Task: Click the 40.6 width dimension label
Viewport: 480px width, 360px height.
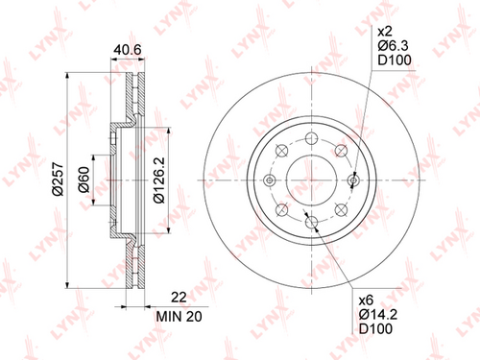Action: [x=128, y=50]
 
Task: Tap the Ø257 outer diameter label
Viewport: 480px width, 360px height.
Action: [x=58, y=180]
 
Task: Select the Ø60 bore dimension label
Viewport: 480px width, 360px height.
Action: [x=84, y=180]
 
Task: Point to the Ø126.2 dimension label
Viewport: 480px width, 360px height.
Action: [x=159, y=180]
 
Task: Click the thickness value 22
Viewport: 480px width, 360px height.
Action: [x=179, y=298]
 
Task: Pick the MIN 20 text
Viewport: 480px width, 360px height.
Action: [x=179, y=317]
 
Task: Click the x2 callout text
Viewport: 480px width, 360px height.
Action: [x=385, y=32]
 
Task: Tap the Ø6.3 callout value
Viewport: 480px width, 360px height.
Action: [x=393, y=46]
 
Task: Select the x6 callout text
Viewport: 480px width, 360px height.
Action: [x=366, y=300]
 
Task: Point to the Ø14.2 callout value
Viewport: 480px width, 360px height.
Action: [x=378, y=315]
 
